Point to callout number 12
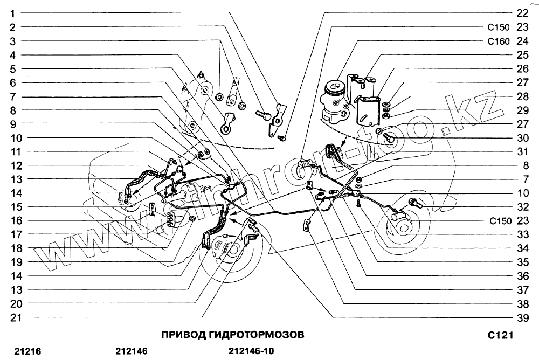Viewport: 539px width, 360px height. (16, 165)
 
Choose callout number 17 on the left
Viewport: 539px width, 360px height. (16, 234)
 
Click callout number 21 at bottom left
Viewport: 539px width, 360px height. (16, 317)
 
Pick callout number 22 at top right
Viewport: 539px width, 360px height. (522, 12)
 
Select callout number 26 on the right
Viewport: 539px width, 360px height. (522, 68)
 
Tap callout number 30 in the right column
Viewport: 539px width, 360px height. (522, 137)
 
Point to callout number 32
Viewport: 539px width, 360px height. (522, 206)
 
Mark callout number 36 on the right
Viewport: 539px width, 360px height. (522, 275)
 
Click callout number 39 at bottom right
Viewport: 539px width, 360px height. (522, 317)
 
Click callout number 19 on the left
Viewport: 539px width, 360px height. (16, 261)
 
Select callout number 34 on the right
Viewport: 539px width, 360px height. (522, 248)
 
